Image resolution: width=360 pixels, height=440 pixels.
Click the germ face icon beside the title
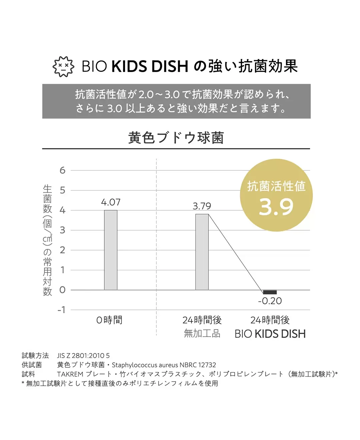click(x=63, y=66)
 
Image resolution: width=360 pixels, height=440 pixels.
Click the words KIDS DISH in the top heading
click(x=150, y=66)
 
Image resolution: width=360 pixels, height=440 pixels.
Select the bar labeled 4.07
click(x=111, y=250)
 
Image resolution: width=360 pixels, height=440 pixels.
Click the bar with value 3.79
click(x=202, y=252)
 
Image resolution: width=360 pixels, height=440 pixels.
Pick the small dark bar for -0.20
click(x=270, y=292)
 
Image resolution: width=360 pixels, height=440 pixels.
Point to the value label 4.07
click(x=111, y=202)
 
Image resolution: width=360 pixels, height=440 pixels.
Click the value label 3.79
click(x=202, y=206)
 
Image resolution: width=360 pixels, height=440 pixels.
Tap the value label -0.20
click(x=270, y=301)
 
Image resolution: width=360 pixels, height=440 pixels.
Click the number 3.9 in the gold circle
click(x=276, y=207)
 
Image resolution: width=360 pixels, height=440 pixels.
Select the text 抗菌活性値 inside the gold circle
click(x=276, y=186)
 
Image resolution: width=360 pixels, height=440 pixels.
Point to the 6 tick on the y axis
click(x=62, y=171)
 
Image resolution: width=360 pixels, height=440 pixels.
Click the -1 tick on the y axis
click(x=61, y=310)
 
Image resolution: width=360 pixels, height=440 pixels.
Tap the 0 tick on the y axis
click(x=62, y=290)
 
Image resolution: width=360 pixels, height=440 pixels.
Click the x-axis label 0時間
click(x=109, y=320)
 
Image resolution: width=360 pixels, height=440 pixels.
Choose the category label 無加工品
click(x=202, y=333)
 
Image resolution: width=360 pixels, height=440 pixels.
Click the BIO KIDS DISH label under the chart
click(x=270, y=334)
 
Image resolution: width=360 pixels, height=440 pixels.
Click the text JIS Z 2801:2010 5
click(x=83, y=356)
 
